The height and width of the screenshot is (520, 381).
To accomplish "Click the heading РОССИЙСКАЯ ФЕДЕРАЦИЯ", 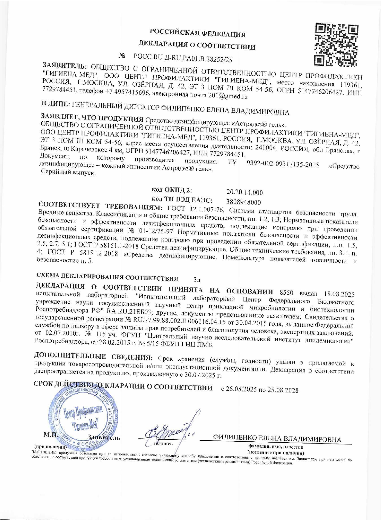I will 198,34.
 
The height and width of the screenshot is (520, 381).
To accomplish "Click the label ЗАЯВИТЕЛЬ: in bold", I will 65,65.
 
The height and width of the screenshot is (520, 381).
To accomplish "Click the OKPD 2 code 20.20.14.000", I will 244,192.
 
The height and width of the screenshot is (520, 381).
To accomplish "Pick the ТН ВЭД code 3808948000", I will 244,202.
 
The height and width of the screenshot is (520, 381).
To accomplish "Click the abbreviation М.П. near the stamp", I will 50,434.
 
